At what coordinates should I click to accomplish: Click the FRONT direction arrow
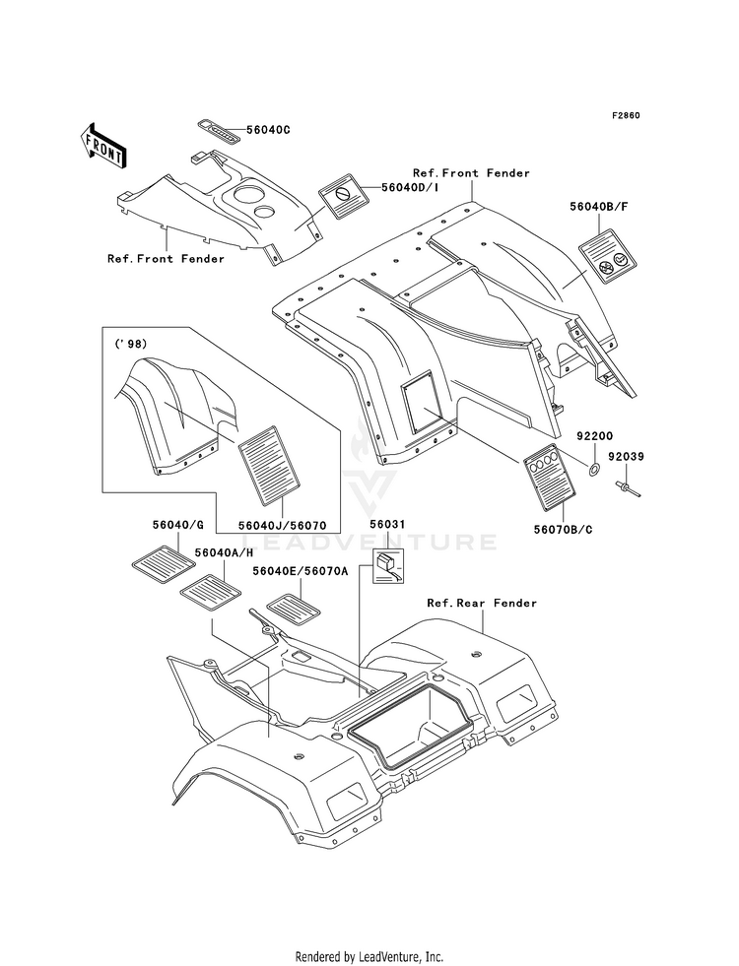(x=102, y=145)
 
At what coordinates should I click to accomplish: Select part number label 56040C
(x=267, y=130)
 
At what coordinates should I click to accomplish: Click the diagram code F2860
(x=626, y=115)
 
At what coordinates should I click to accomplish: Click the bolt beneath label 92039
(x=626, y=488)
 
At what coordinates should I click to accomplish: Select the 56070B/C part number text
(x=564, y=529)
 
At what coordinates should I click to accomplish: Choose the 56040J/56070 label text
(x=281, y=525)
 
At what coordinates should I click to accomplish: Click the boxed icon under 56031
(x=385, y=565)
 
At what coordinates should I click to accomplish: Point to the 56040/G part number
(x=178, y=525)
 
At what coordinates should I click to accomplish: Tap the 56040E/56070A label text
(x=301, y=571)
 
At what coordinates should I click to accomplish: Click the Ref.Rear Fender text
(x=482, y=603)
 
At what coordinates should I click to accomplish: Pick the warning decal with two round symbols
(x=607, y=256)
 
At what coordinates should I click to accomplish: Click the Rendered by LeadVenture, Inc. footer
(x=369, y=957)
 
